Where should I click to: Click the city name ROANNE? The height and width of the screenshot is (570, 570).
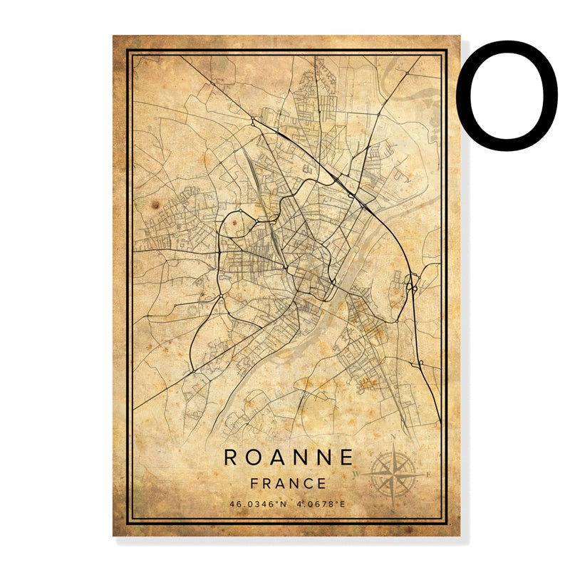click(289, 457)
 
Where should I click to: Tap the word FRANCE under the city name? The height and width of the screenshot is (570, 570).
click(289, 483)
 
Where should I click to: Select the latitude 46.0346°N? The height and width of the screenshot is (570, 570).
click(257, 504)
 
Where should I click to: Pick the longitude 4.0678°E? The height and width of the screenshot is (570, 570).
click(321, 504)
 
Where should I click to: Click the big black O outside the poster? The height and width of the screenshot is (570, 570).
click(507, 95)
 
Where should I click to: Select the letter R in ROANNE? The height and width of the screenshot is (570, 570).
click(232, 457)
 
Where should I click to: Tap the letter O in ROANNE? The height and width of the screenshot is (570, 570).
click(254, 457)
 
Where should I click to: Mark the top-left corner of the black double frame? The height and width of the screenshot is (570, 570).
click(128, 51)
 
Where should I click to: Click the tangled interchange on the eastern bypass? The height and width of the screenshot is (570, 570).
click(411, 286)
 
